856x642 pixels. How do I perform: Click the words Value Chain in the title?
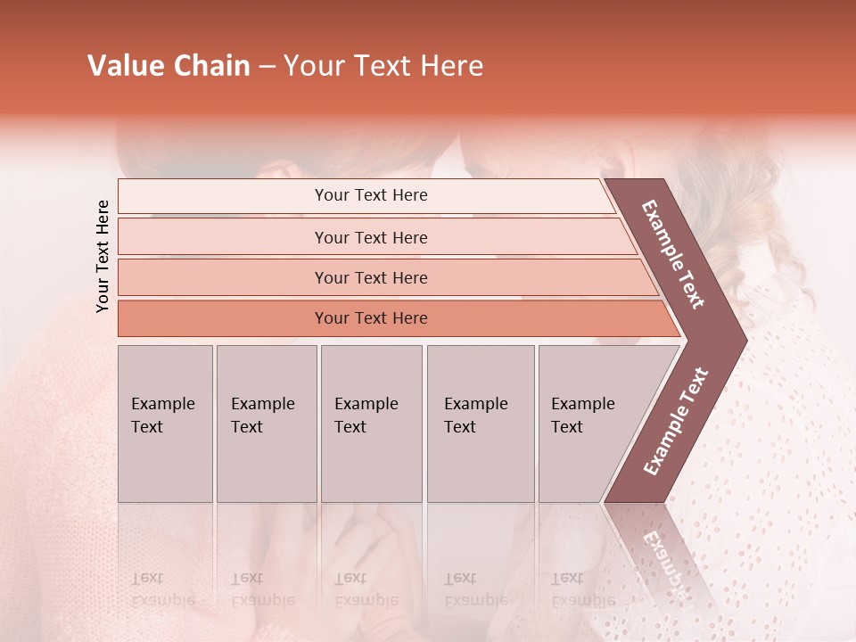(169, 66)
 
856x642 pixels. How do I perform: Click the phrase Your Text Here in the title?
(383, 66)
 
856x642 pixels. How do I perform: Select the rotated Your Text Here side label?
(103, 256)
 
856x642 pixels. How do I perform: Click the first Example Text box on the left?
(165, 424)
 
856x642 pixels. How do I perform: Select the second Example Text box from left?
(266, 424)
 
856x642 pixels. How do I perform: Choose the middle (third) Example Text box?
(371, 424)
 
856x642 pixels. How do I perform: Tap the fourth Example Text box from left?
(480, 424)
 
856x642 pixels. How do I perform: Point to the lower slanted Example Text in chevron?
(676, 422)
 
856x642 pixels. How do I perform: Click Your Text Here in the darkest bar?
(371, 318)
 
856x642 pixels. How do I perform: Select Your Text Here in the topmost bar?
(371, 195)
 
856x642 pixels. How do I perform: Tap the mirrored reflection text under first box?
(162, 589)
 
